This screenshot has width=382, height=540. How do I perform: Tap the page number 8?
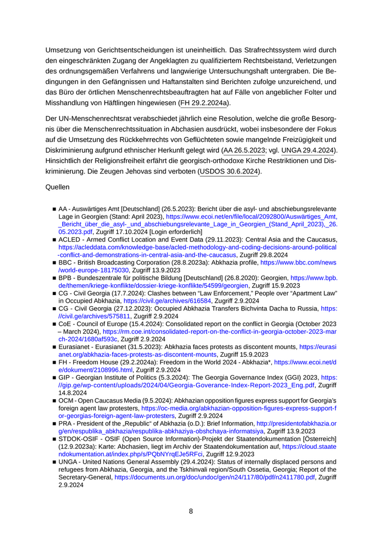[191, 511]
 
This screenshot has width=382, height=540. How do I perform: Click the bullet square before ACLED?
[55, 239]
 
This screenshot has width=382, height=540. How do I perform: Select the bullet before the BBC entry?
[55, 262]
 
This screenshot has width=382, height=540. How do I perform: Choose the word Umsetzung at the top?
[64, 49]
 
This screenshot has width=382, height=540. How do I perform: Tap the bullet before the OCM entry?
[55, 416]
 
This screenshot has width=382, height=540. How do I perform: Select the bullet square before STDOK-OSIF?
[55, 446]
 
